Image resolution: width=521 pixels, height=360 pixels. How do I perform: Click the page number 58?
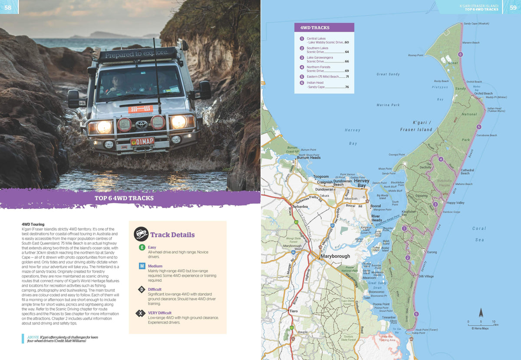[8, 7]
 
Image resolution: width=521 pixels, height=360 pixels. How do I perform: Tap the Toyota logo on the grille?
[142, 125]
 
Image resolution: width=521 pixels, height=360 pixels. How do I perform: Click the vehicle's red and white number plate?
[142, 142]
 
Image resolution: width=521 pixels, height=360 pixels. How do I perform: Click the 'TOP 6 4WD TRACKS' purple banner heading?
[124, 198]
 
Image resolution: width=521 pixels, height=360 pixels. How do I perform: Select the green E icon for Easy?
[142, 248]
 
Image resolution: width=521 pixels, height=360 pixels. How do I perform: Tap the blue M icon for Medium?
[142, 266]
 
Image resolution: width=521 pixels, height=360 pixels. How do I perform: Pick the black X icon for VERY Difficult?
[142, 313]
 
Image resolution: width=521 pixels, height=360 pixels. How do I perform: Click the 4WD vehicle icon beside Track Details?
[141, 234]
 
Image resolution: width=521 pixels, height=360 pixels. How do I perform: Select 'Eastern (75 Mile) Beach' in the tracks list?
[323, 76]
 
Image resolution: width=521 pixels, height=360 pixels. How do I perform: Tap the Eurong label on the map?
[432, 252]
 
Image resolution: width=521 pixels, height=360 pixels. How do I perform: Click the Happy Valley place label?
[455, 203]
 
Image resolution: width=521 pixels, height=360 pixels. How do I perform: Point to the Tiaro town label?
[293, 311]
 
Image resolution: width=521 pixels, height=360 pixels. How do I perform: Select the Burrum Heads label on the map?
[309, 158]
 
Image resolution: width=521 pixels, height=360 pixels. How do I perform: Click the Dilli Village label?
[426, 276]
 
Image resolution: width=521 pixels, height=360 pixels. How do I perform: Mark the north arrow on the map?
[481, 313]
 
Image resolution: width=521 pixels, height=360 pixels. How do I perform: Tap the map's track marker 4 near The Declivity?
[441, 159]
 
